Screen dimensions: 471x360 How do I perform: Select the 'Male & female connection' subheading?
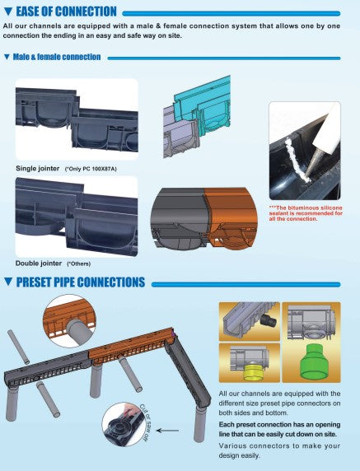click(57, 57)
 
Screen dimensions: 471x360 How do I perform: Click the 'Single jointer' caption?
click(38, 169)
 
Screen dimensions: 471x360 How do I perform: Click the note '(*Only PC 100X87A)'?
click(91, 169)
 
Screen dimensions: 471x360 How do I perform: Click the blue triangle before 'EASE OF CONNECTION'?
click(7, 12)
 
